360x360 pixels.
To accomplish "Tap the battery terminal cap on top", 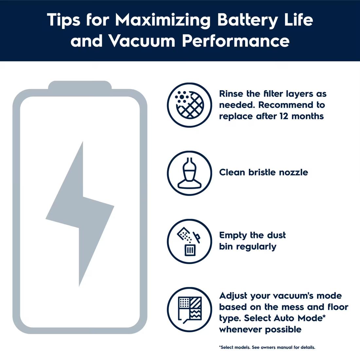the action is point(80,85).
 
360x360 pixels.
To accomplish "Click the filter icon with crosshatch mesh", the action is point(189,105).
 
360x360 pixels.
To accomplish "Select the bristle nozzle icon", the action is point(189,173).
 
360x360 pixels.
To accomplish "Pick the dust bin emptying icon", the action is point(189,241).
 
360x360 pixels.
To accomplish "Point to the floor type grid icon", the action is point(189,310).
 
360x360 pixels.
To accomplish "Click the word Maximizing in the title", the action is point(163,20).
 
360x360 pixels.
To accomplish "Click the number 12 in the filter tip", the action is point(284,116).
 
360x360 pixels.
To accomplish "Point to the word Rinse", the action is point(231,94).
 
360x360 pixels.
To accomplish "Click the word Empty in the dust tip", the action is point(233,236).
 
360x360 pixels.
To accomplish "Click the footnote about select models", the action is point(267,347).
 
